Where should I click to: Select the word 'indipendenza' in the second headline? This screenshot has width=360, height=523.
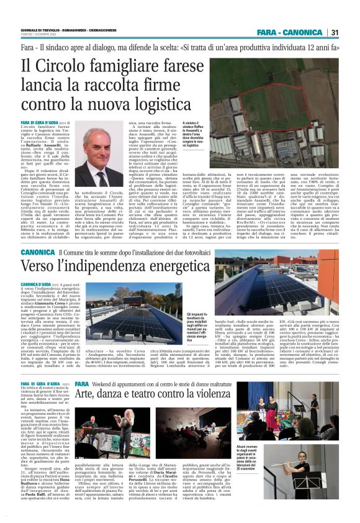(95, 266)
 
